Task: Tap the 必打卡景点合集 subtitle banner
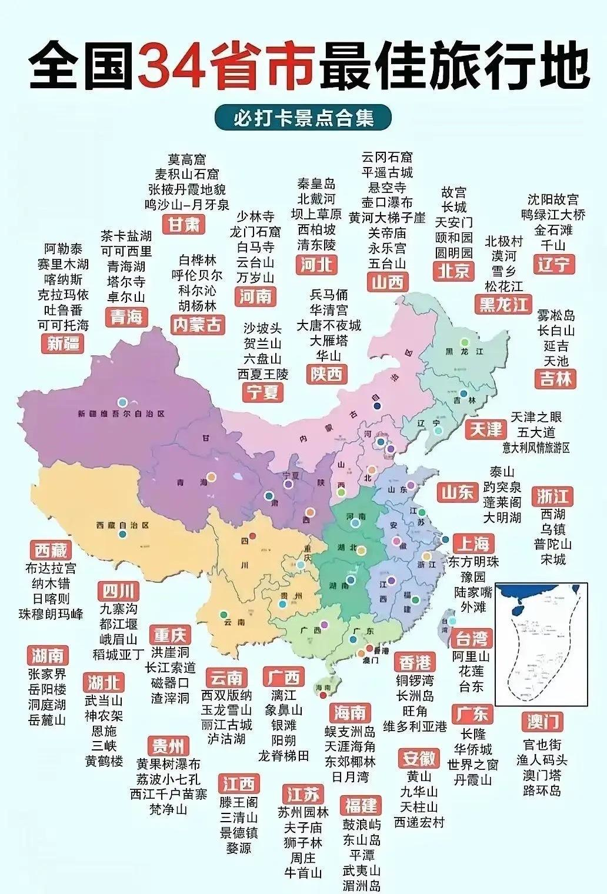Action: (303, 118)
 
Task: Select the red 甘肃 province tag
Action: (184, 224)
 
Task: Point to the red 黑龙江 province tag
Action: (503, 304)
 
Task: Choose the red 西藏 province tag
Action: (51, 551)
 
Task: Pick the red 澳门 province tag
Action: (542, 721)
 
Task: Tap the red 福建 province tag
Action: (361, 805)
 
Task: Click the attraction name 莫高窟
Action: (187, 159)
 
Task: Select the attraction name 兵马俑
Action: (329, 294)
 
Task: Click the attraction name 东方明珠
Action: (473, 561)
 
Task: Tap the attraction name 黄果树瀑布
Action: (168, 763)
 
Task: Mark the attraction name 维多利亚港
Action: (415, 726)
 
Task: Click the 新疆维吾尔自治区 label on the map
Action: (121, 414)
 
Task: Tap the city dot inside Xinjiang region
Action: (122, 402)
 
